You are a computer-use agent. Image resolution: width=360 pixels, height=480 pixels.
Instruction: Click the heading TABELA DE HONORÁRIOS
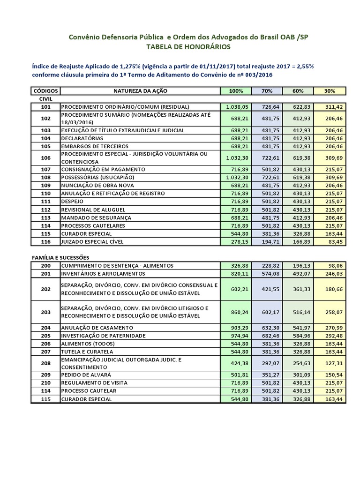[188, 47]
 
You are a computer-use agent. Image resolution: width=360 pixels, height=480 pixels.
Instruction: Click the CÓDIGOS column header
[45, 90]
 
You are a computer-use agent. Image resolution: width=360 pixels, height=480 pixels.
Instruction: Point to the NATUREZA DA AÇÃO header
[140, 90]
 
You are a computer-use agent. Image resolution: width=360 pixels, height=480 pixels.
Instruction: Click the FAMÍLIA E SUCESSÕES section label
[61, 257]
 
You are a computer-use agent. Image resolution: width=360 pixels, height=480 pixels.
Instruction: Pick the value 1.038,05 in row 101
[237, 107]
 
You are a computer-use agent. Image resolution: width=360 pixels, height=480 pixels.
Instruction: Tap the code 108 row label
[45, 177]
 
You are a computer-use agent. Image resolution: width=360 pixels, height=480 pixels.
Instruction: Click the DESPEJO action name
[72, 201]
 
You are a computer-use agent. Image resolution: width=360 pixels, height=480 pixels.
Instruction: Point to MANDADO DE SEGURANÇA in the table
[96, 217]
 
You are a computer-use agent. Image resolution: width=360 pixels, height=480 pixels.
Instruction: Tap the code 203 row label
[45, 312]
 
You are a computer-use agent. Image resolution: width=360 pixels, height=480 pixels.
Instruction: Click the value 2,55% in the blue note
[304, 66]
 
